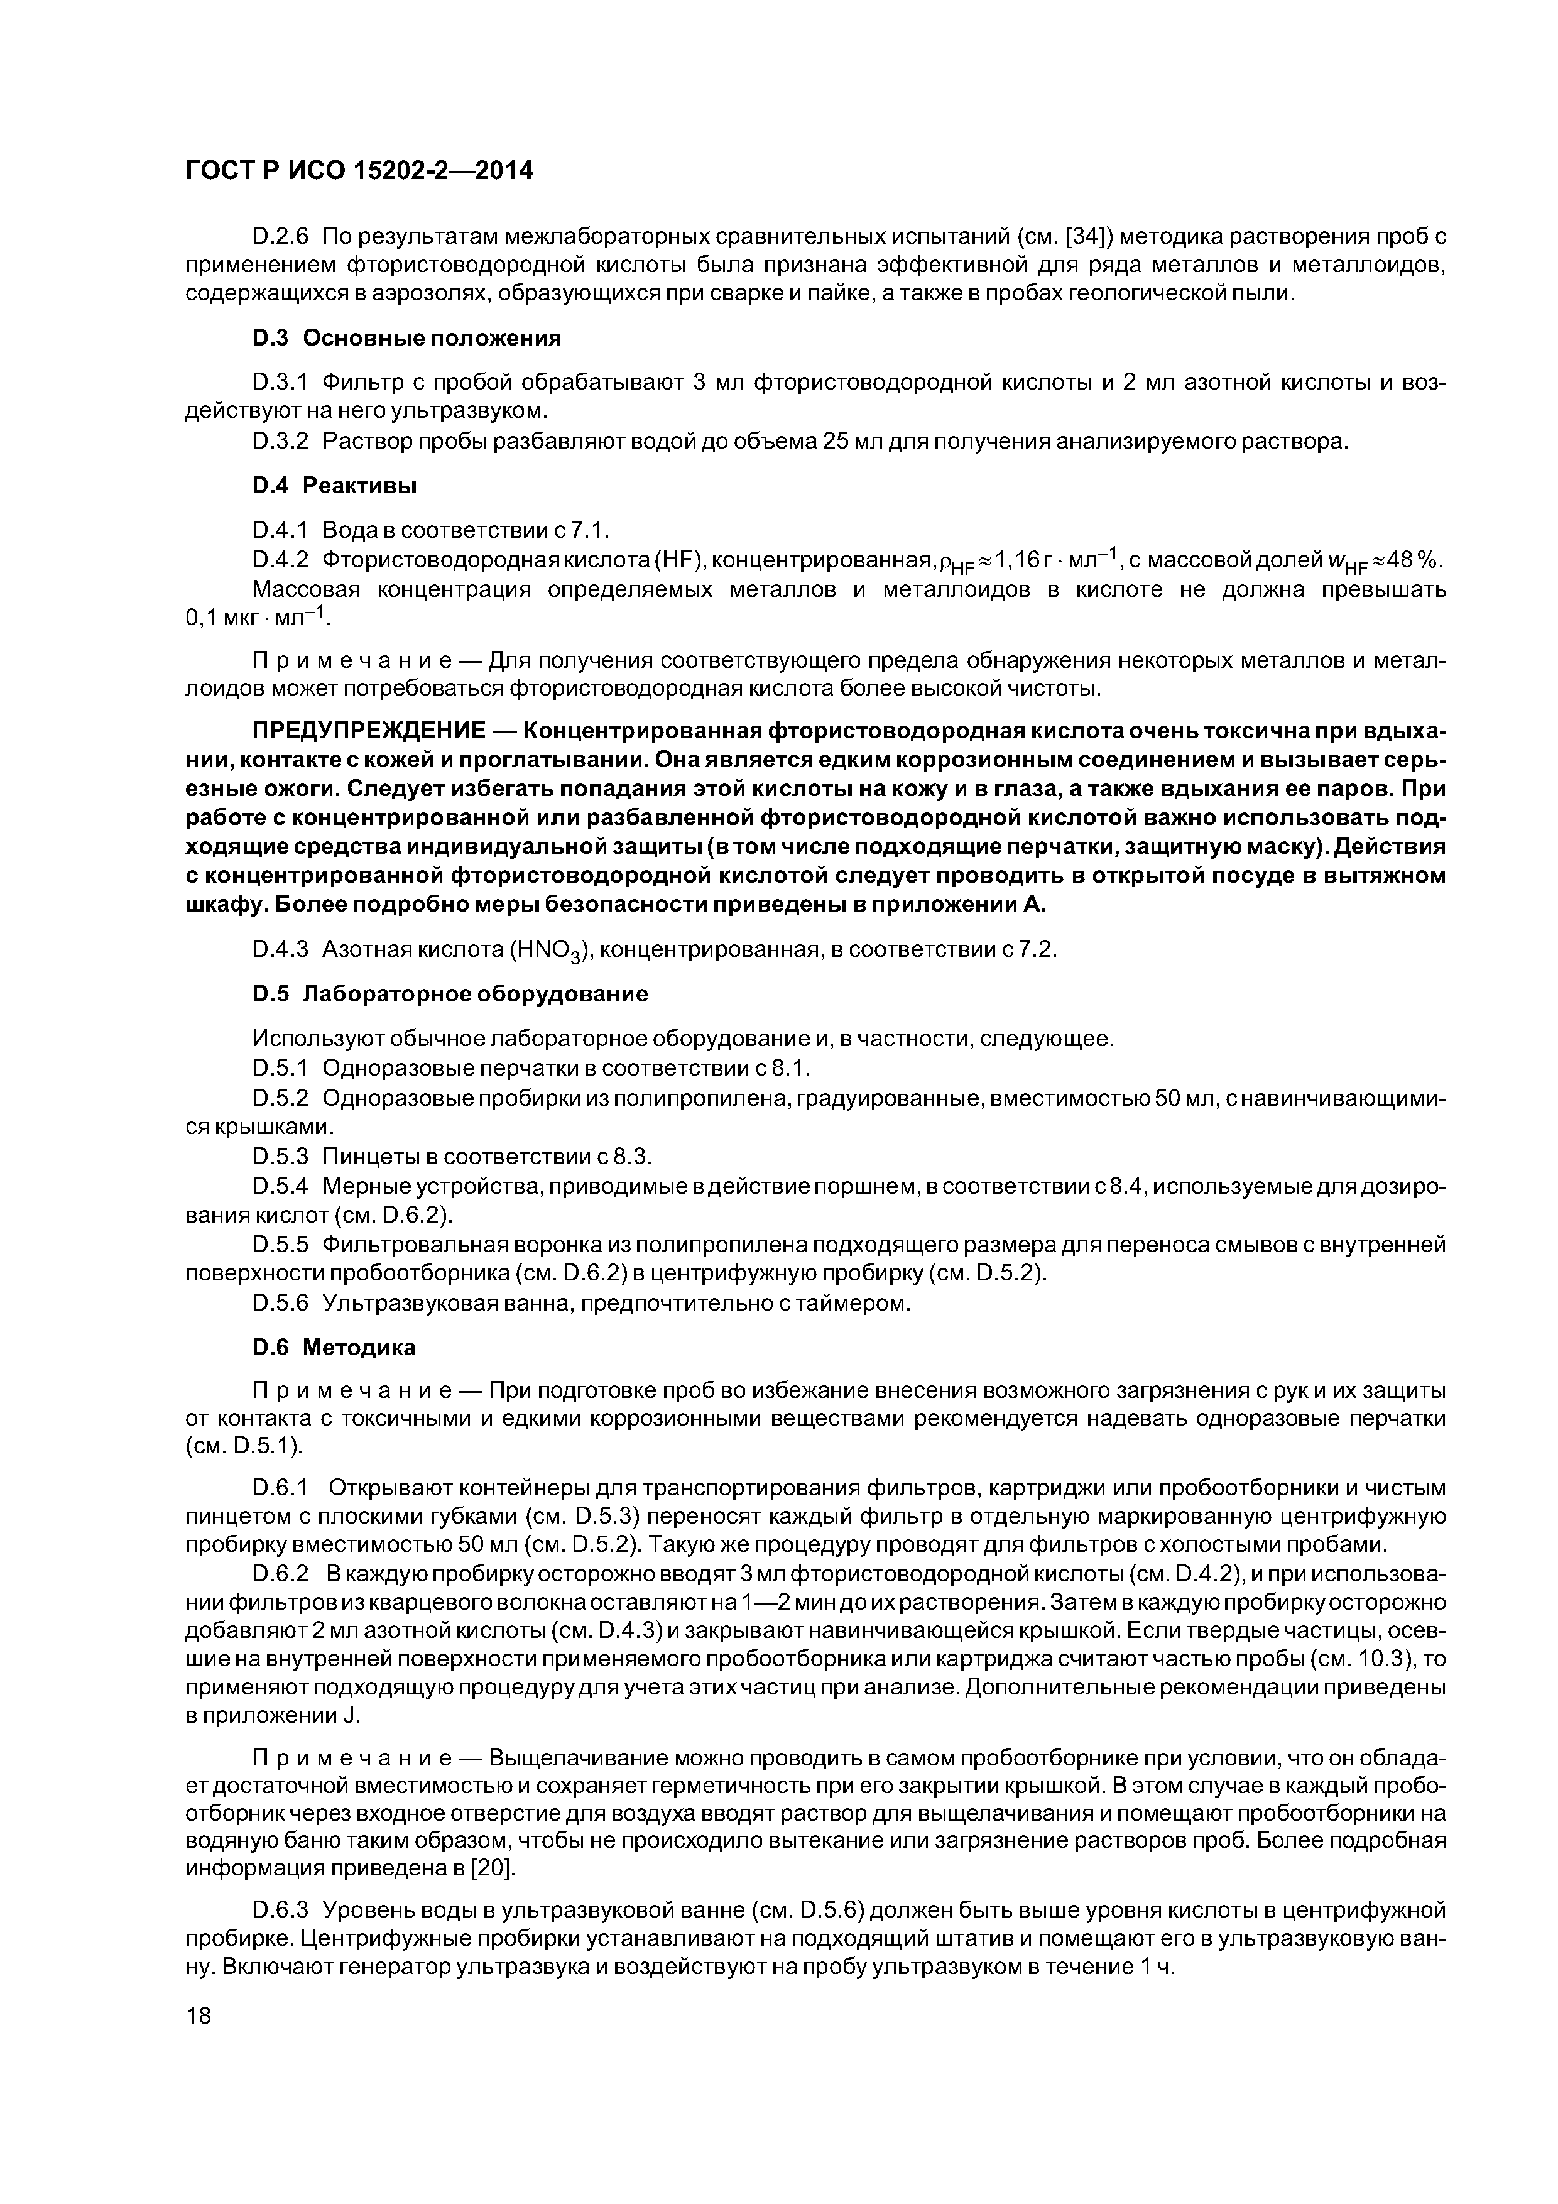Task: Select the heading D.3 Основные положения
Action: [407, 338]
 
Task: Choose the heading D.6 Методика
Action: [334, 1348]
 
